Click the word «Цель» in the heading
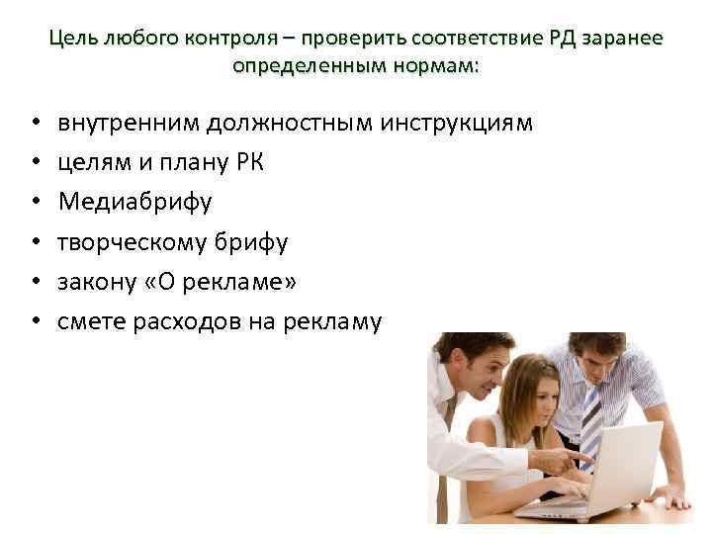coord(73,39)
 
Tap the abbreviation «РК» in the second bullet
coord(249,163)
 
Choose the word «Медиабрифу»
coord(134,203)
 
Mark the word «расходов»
coord(176,321)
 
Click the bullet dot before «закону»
coord(34,283)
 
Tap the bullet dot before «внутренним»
coord(34,125)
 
